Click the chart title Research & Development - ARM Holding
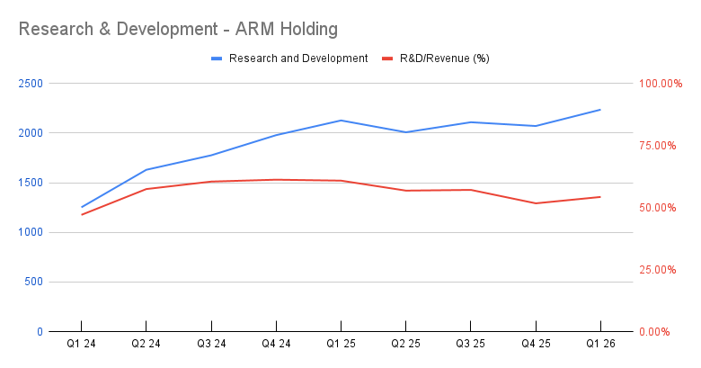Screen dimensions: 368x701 click(x=178, y=29)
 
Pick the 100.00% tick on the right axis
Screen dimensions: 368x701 click(x=661, y=84)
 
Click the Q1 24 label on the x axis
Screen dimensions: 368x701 click(x=81, y=344)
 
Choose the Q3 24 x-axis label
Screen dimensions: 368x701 click(x=211, y=344)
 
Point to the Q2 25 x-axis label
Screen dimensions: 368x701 click(x=405, y=344)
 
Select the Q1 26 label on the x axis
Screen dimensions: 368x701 click(x=600, y=344)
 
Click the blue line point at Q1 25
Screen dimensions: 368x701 click(x=341, y=121)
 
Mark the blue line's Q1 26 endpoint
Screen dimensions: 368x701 click(x=600, y=110)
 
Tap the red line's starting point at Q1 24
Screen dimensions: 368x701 click(x=81, y=214)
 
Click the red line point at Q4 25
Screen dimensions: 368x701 click(x=536, y=203)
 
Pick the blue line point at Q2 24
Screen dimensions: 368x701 click(x=146, y=170)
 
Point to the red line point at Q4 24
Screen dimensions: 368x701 click(x=276, y=180)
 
